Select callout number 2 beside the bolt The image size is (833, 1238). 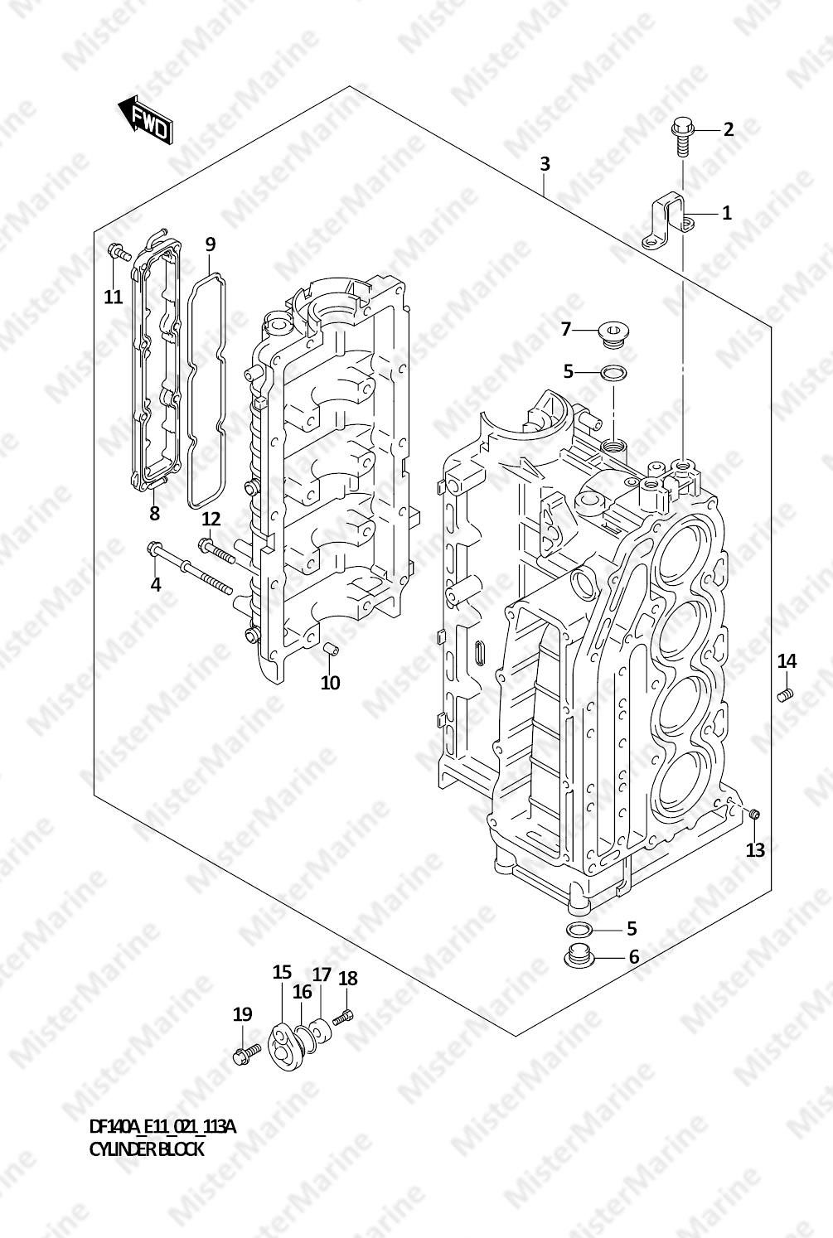coord(728,130)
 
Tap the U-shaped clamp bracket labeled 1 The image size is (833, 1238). coord(667,220)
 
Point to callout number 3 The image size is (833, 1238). coord(545,164)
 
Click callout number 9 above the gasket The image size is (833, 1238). coord(210,244)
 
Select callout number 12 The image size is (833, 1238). coord(211,520)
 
